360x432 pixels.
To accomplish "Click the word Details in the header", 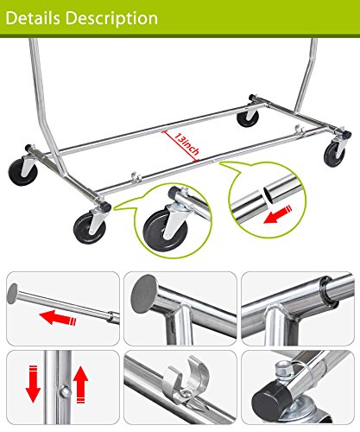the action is tap(33, 18).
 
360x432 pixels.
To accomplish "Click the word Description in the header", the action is tap(111, 19).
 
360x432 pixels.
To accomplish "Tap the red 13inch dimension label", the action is tap(186, 143).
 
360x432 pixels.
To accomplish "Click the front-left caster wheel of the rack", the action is tap(90, 228).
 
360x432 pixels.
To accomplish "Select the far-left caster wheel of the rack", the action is tap(22, 172).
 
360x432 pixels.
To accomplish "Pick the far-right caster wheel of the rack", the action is tap(334, 153).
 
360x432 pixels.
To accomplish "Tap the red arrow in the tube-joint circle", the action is tap(278, 214).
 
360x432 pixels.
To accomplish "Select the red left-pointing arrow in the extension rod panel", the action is tap(58, 317).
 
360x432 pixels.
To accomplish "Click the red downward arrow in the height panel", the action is tap(33, 384).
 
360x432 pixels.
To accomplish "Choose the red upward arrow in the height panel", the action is tap(80, 384).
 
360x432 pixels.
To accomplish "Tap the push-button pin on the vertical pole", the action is tap(65, 391).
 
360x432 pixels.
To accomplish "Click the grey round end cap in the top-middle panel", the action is tap(144, 293).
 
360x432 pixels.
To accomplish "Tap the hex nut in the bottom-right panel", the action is tap(283, 369).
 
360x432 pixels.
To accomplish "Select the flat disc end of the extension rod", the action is tap(12, 294).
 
